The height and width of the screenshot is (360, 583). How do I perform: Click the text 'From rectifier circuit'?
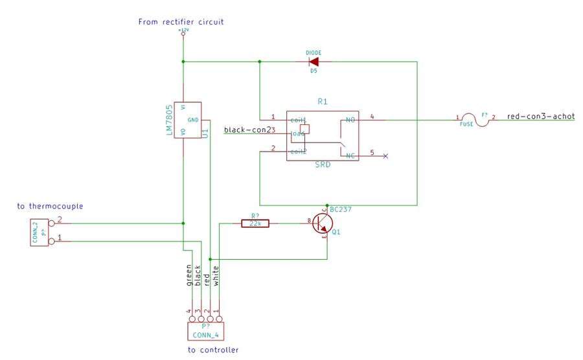pyautogui.click(x=181, y=22)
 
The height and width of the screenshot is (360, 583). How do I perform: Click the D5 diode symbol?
pyautogui.click(x=314, y=62)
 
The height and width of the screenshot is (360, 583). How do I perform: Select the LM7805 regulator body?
pyautogui.click(x=187, y=120)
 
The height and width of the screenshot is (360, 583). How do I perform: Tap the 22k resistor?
pyautogui.click(x=255, y=223)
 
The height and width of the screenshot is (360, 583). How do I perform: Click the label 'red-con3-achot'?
pyautogui.click(x=540, y=117)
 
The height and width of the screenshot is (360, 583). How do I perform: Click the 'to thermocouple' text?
pyautogui.click(x=50, y=207)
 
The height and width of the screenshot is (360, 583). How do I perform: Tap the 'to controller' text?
pyautogui.click(x=213, y=350)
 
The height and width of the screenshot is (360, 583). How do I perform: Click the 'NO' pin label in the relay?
pyautogui.click(x=350, y=120)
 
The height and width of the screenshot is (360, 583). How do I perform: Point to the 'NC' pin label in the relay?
pyautogui.click(x=350, y=156)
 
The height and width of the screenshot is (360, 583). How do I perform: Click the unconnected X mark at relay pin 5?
pyautogui.click(x=386, y=156)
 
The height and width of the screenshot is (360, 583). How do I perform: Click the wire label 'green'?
pyautogui.click(x=189, y=275)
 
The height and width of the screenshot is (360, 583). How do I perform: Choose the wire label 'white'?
pyautogui.click(x=216, y=275)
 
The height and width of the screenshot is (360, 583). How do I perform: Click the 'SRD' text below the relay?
pyautogui.click(x=323, y=165)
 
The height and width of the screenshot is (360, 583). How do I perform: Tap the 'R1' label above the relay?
pyautogui.click(x=323, y=102)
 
